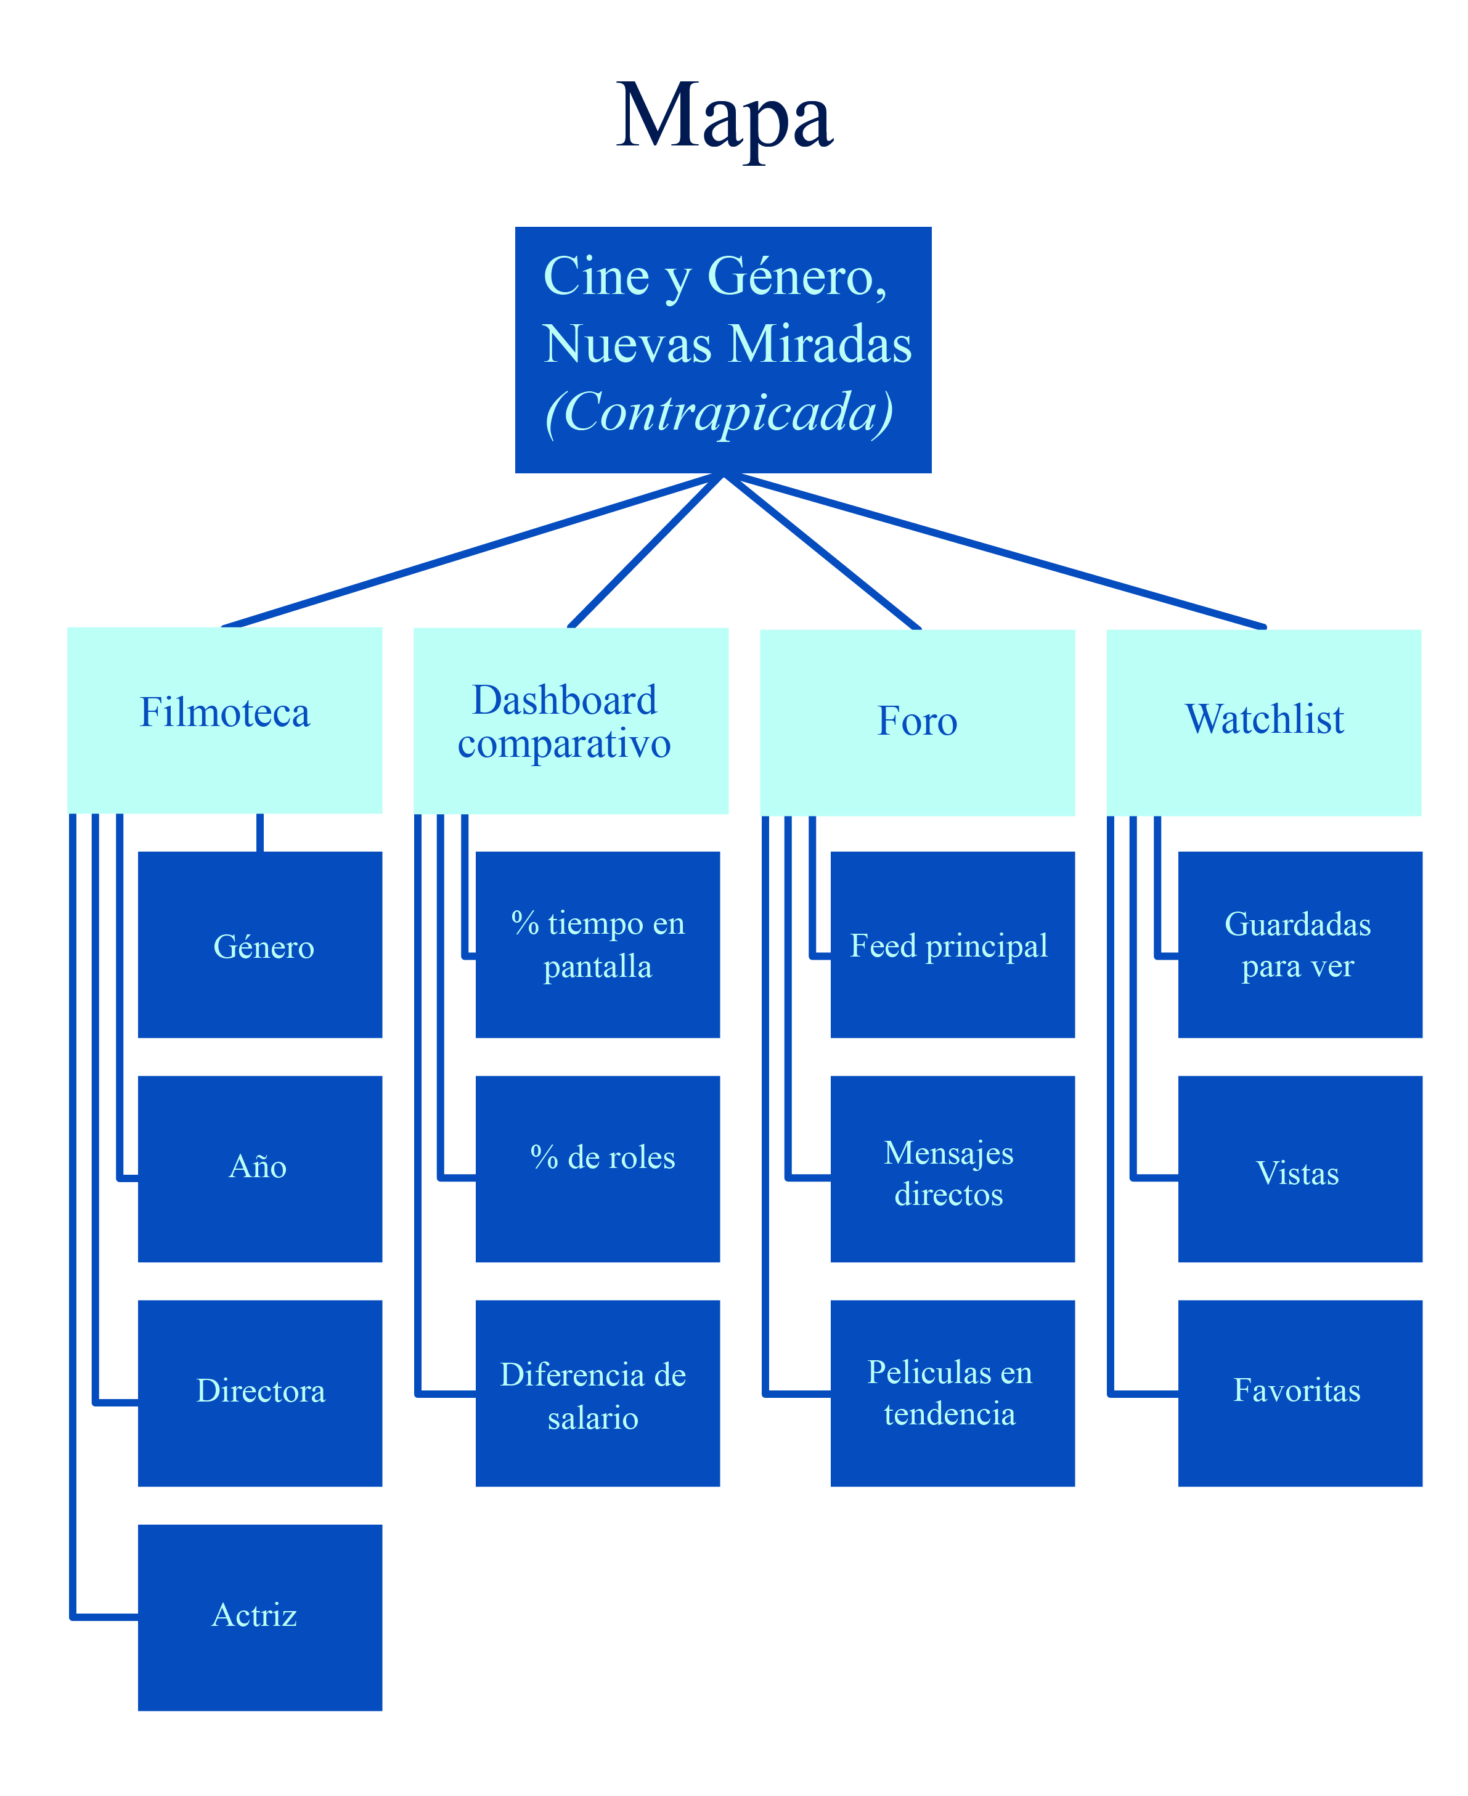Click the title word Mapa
click(x=725, y=116)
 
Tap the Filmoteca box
click(x=225, y=720)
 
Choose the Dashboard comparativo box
click(x=571, y=721)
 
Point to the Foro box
click(x=918, y=722)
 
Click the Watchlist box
click(x=1264, y=722)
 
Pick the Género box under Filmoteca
click(x=261, y=944)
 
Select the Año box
click(x=261, y=1169)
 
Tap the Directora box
click(x=261, y=1393)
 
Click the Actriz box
click(x=261, y=1617)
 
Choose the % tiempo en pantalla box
click(x=598, y=944)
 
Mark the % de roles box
click(x=598, y=1169)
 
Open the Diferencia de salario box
click(x=598, y=1393)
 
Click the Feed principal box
click(x=953, y=944)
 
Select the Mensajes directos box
click(x=953, y=1169)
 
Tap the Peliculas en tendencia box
click(x=953, y=1393)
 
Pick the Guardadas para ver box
click(x=1300, y=944)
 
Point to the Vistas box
click(x=1300, y=1169)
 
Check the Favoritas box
click(x=1300, y=1393)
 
